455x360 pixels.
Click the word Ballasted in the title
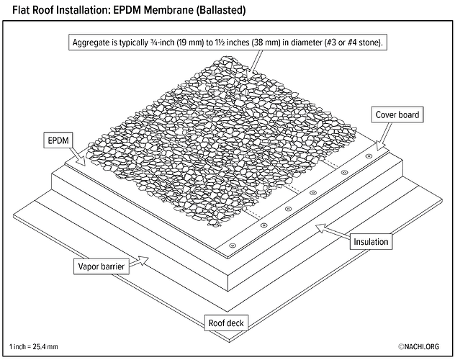tap(217, 11)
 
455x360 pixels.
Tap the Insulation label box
tap(371, 242)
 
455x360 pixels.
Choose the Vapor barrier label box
tap(102, 266)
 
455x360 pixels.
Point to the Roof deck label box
tap(227, 323)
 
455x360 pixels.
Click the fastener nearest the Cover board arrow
tap(368, 155)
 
